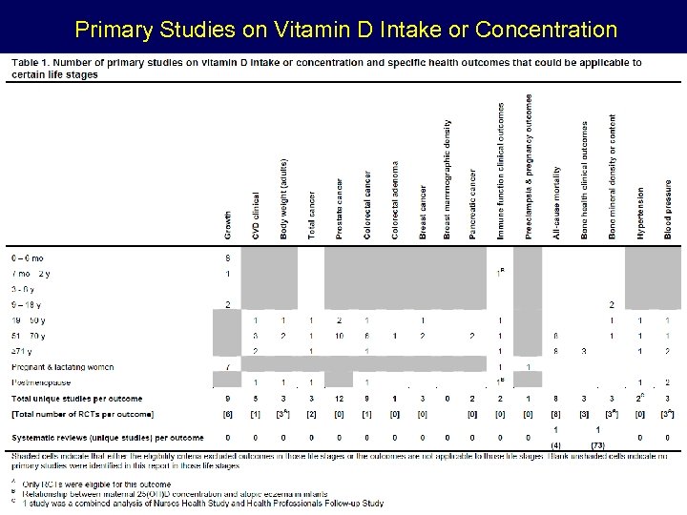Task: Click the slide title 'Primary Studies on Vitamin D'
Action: point(345,30)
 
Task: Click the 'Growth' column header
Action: point(227,225)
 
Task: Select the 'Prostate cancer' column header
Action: point(339,209)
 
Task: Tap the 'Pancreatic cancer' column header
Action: point(471,204)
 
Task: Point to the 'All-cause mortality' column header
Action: point(556,202)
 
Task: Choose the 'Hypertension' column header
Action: point(640,213)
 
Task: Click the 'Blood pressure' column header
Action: point(667,209)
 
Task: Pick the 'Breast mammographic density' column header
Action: point(447,179)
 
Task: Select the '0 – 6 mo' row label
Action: point(28,258)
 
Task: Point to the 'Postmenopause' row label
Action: point(38,382)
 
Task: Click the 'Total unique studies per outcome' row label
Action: point(76,399)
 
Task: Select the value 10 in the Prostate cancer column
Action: point(340,336)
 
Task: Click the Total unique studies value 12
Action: point(340,399)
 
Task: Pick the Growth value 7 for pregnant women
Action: point(227,367)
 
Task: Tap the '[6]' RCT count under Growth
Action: point(227,415)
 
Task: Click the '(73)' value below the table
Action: point(598,445)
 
